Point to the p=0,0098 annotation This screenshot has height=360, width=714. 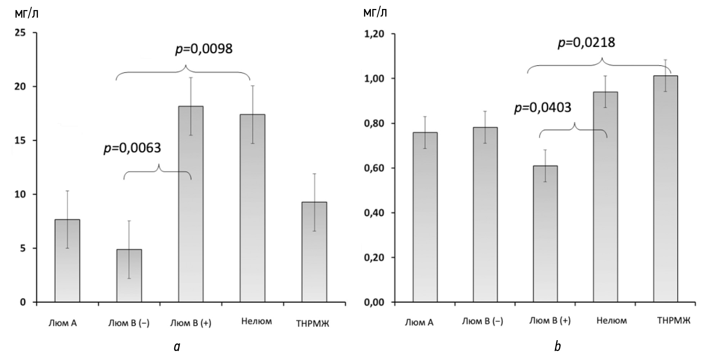(204, 49)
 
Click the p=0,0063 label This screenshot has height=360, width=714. (132, 148)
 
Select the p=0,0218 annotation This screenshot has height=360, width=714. (586, 43)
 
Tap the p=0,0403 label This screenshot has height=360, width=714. (543, 107)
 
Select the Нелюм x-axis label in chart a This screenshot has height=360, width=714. (256, 321)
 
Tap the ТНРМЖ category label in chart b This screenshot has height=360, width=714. (674, 321)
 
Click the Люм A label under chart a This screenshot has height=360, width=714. (63, 323)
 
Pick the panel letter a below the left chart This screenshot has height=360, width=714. (176, 347)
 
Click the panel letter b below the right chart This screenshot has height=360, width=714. (557, 346)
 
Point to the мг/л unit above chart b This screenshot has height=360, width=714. (375, 13)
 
